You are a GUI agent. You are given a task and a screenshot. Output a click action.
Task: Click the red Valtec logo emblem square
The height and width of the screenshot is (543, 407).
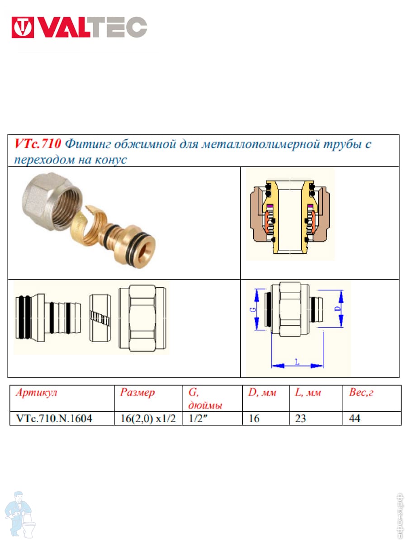pos(23,27)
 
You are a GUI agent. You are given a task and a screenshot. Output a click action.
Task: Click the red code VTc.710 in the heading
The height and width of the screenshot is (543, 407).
pos(38,144)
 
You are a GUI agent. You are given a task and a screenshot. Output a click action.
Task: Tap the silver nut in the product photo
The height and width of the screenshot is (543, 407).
pos(52,201)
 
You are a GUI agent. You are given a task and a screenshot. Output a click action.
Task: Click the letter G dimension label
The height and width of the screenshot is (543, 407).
pos(253,309)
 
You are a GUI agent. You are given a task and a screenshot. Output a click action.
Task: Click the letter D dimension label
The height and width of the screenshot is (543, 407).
pos(339,308)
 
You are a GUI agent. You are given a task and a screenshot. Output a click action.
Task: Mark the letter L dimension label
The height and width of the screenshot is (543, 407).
pos(297,362)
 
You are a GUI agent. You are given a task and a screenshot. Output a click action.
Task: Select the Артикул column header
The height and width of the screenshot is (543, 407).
pos(36,393)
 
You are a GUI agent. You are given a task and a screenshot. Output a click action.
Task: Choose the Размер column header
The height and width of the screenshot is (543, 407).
pos(137,393)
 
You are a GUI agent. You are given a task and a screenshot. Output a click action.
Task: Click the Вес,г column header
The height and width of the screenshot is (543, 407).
pos(361,393)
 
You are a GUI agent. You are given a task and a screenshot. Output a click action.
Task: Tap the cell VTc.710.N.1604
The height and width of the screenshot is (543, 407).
pos(54,419)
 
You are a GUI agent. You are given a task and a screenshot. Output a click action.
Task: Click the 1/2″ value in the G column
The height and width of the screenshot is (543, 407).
pos(198,418)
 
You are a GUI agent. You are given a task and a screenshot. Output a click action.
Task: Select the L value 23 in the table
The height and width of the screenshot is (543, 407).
pos(300,419)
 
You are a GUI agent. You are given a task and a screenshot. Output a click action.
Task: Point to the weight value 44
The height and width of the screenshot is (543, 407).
pos(355,419)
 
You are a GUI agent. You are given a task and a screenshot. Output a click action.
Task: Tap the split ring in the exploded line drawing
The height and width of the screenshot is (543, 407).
pos(100,318)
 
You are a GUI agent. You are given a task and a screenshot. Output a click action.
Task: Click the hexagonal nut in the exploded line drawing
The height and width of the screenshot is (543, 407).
pos(142,318)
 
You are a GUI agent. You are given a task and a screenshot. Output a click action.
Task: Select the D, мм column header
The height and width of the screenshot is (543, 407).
pos(262,393)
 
